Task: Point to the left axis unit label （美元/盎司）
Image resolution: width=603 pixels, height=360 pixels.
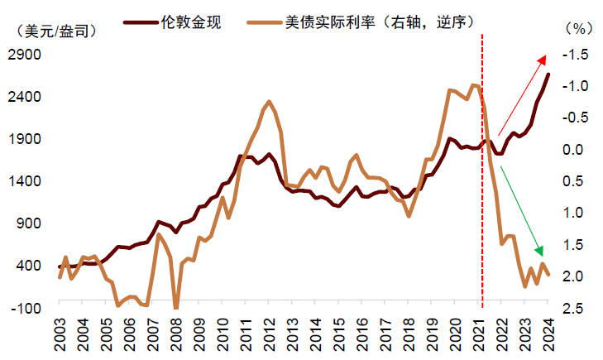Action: (56, 31)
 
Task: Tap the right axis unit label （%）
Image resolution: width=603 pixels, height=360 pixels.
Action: (574, 28)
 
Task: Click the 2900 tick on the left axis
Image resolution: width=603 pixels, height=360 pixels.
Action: (26, 55)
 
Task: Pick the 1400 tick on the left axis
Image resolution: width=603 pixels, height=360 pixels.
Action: (26, 181)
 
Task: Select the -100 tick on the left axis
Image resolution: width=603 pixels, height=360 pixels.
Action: (28, 308)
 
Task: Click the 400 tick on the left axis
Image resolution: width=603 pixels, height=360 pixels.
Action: (30, 266)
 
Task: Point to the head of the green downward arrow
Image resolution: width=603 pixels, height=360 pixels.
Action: (543, 253)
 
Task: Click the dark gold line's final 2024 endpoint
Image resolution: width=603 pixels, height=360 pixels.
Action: (548, 75)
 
